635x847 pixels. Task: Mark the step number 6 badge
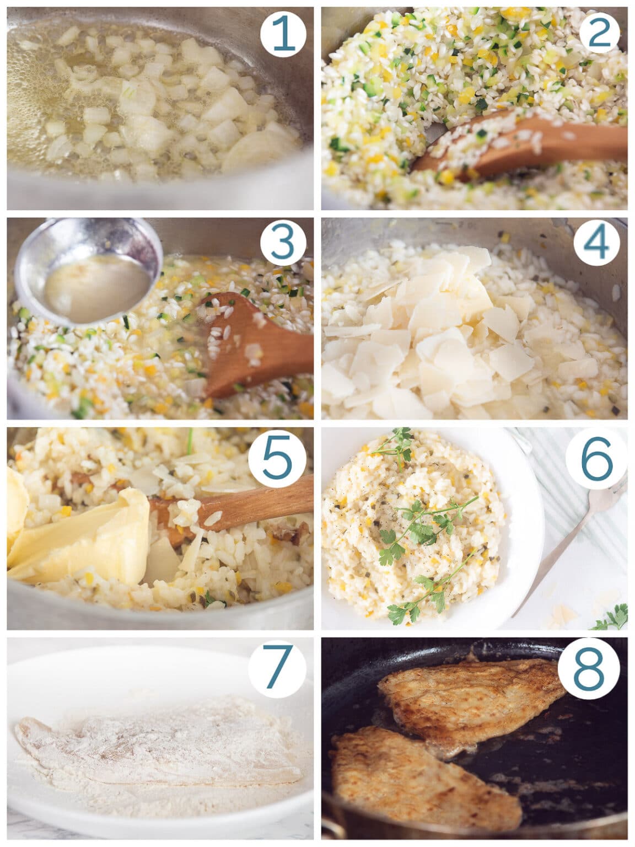[598, 457]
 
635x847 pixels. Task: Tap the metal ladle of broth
[88, 273]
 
